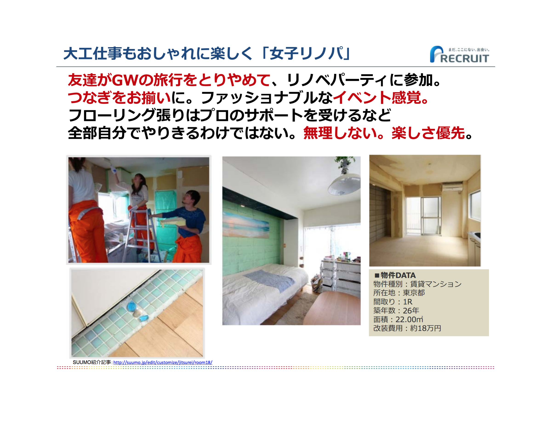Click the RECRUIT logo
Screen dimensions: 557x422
[459, 54]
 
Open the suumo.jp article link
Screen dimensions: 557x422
[163, 362]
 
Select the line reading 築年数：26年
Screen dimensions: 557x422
[396, 310]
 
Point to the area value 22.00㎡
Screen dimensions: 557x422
[409, 319]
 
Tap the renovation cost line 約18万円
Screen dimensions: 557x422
[426, 328]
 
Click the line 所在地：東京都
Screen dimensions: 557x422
[399, 293]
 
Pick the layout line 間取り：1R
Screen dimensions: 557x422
[393, 301]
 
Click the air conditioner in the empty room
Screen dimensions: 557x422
[452, 187]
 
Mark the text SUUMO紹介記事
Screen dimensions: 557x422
[92, 362]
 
